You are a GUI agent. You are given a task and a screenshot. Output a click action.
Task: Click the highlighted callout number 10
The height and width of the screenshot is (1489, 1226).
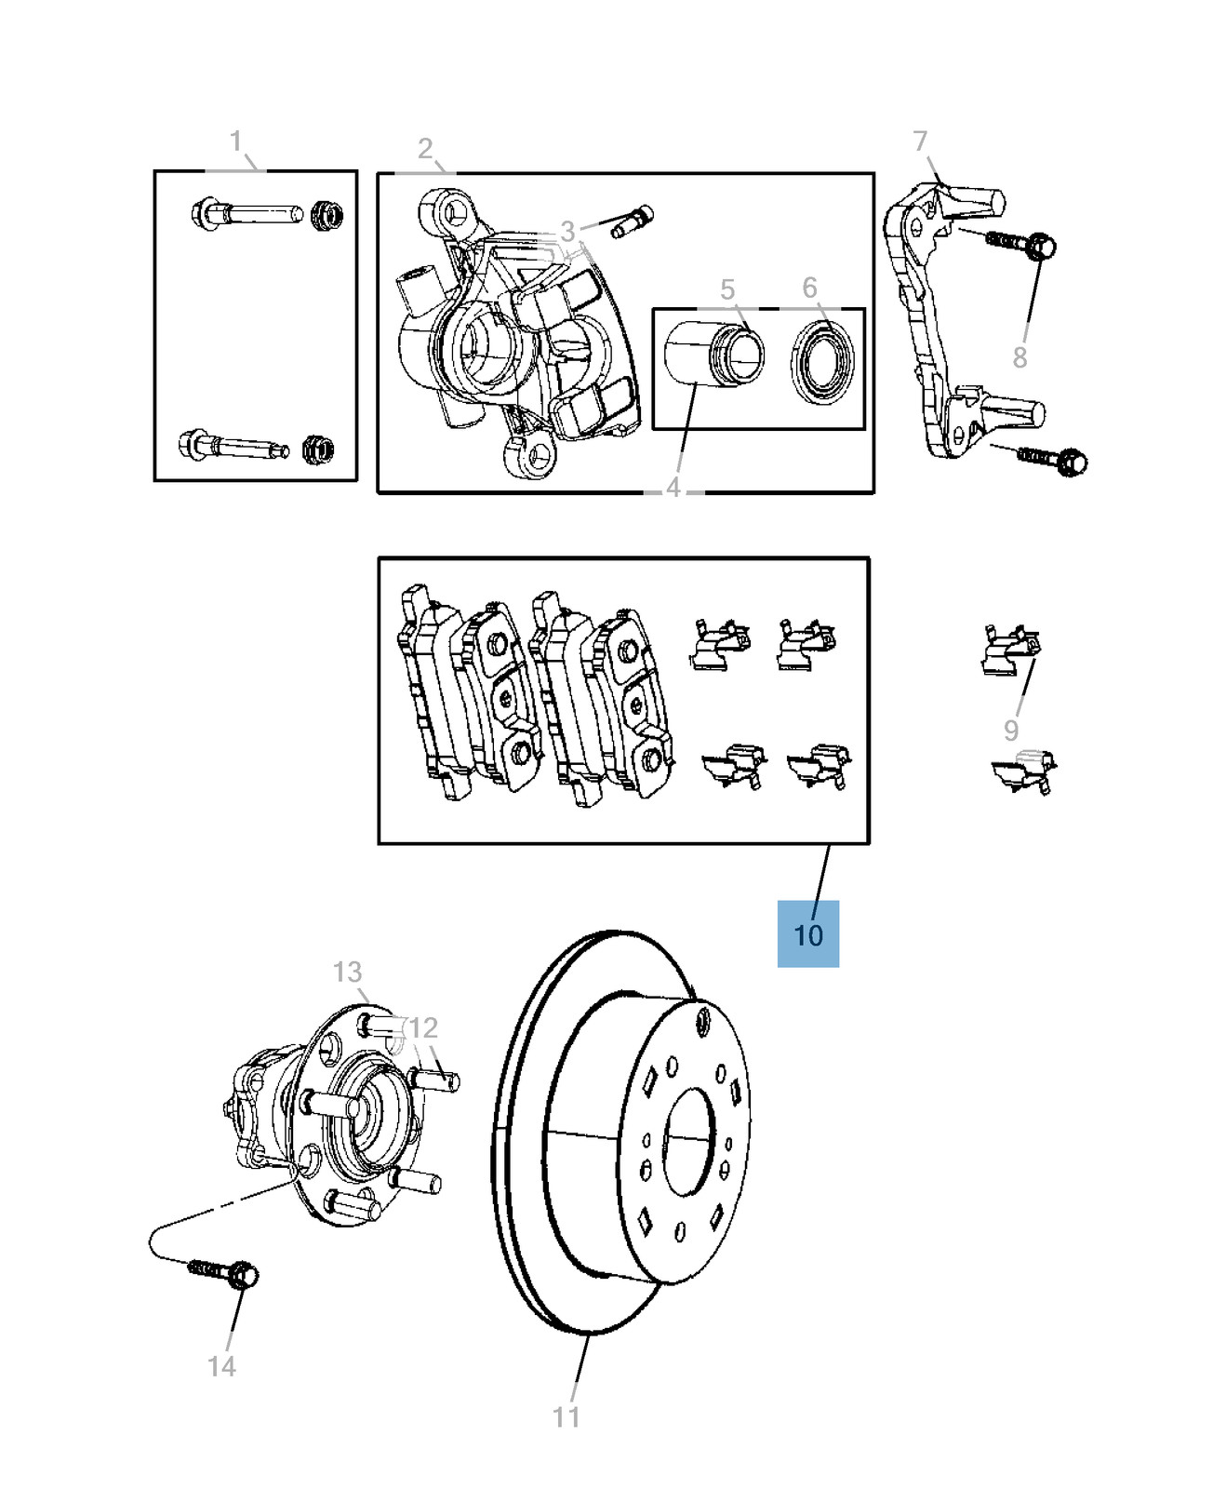(x=808, y=934)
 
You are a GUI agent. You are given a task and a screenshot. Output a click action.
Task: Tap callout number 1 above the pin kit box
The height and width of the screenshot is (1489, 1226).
(x=236, y=141)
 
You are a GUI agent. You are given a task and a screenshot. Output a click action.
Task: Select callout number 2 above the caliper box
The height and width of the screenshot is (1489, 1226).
(x=425, y=149)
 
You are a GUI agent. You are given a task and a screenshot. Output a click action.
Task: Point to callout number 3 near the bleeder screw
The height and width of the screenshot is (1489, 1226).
(x=567, y=231)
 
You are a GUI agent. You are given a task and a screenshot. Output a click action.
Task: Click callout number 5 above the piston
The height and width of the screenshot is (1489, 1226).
(x=727, y=290)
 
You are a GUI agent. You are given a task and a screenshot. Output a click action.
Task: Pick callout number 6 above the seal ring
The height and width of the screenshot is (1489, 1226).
(x=809, y=288)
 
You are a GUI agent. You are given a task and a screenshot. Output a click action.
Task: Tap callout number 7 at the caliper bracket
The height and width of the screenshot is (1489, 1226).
(x=920, y=141)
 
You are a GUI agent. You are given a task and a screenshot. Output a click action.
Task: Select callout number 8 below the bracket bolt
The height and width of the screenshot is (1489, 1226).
(x=1019, y=357)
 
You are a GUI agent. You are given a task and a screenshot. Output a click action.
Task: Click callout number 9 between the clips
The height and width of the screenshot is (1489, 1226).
(x=1011, y=731)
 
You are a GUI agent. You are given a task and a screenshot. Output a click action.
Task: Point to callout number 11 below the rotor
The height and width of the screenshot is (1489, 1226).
(x=566, y=1416)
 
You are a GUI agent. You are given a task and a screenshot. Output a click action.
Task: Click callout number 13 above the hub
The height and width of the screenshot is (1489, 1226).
(x=347, y=972)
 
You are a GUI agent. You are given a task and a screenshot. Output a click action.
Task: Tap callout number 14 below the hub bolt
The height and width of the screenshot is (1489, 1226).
(x=221, y=1366)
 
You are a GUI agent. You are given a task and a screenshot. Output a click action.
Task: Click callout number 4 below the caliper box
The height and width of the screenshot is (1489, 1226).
(x=673, y=487)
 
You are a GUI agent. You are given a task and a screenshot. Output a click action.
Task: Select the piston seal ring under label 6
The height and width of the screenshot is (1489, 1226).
(x=823, y=363)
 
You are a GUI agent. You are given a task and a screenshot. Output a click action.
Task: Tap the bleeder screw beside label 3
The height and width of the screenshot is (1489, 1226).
(x=633, y=221)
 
